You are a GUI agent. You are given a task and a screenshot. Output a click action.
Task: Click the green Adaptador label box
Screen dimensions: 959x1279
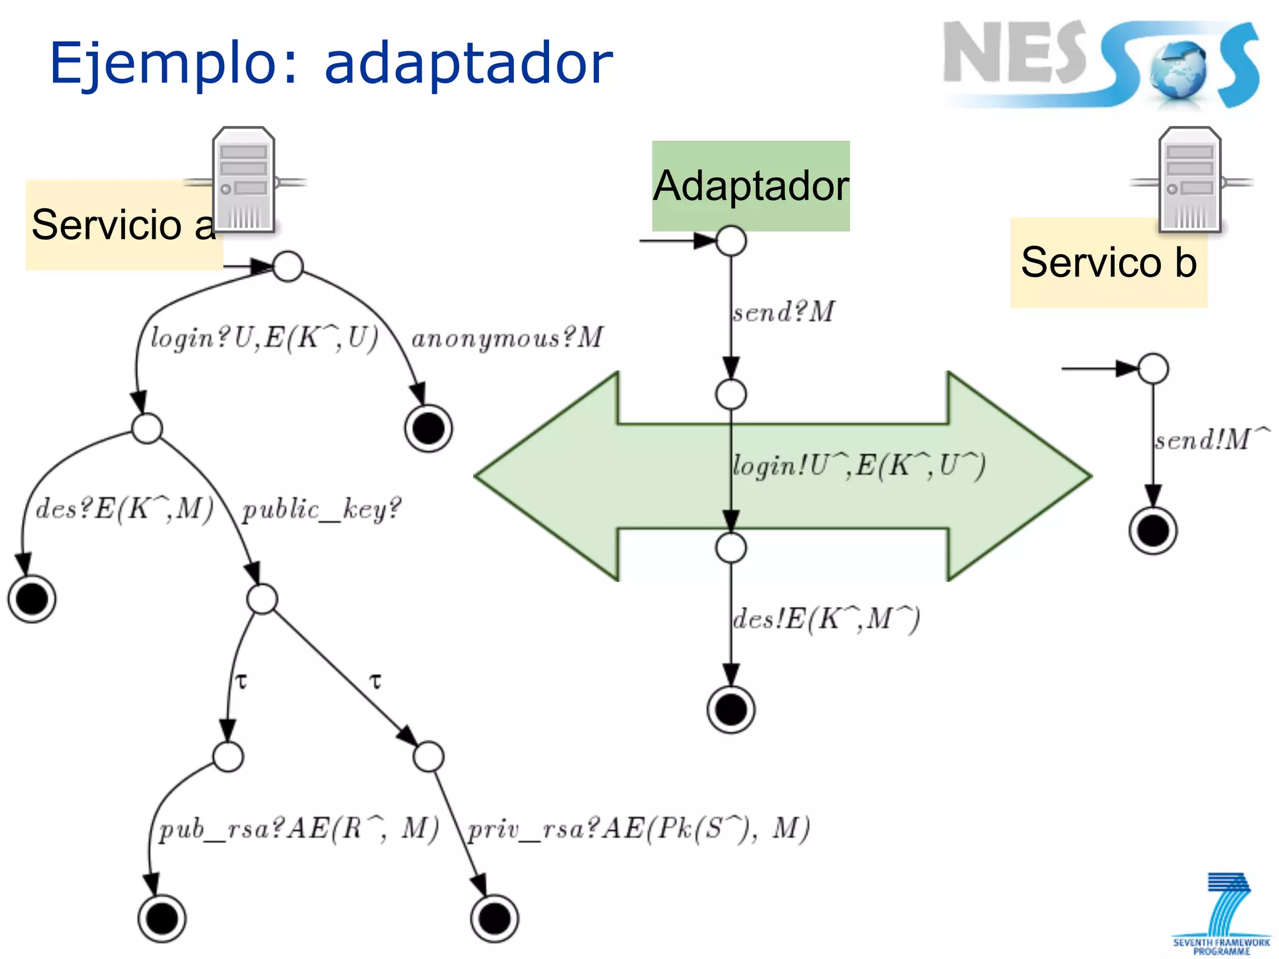click(751, 185)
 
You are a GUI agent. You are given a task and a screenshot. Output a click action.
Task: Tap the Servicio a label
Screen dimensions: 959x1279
click(123, 225)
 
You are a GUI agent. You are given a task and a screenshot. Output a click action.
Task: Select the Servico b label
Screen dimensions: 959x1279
click(1109, 262)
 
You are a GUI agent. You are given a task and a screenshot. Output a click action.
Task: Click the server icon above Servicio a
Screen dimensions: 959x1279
click(244, 180)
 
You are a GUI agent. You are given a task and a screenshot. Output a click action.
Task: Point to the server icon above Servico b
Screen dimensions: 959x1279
click(1190, 180)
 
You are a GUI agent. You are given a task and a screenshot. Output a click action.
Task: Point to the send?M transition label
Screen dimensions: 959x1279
click(784, 312)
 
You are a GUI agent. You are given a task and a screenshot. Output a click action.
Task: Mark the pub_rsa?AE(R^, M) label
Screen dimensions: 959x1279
click(299, 829)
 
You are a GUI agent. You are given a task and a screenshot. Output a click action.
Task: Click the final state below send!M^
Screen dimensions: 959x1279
click(1153, 531)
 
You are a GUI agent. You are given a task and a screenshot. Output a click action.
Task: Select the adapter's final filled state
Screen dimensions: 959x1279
click(731, 709)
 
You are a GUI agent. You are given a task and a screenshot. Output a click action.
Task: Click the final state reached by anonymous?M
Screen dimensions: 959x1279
click(428, 428)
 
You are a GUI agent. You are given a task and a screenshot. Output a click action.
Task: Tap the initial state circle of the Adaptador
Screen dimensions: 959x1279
click(731, 241)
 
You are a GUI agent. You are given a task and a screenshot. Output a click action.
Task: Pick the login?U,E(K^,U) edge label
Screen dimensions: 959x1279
click(264, 338)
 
